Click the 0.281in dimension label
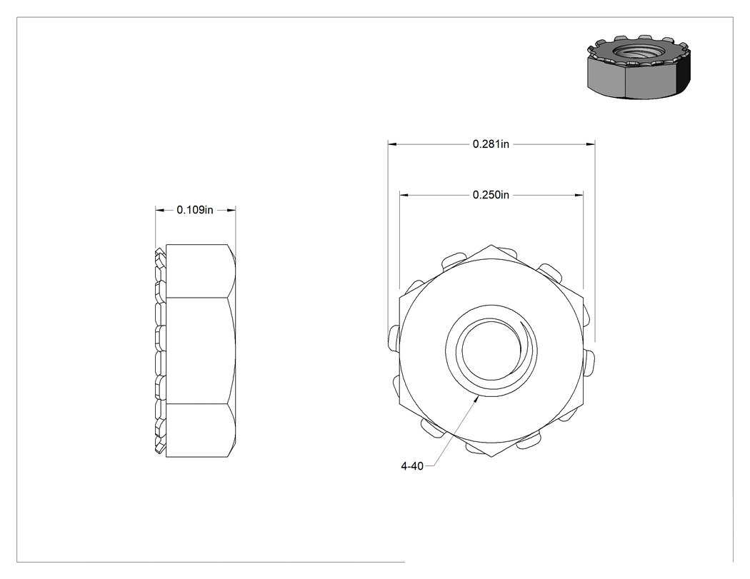coord(491,144)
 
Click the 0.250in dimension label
coord(491,195)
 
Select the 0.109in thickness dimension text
coord(195,210)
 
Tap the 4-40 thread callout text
coord(412,466)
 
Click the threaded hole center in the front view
coord(491,351)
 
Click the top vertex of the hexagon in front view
coord(491,246)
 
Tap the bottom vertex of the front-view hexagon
coord(491,457)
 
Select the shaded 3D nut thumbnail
coord(639,67)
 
